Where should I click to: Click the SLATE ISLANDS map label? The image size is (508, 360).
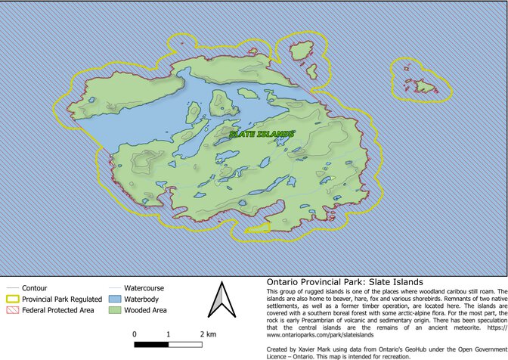tap(262, 134)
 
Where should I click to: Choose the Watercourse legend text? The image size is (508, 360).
tap(144, 288)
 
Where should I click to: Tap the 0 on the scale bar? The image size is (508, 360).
tap(135, 333)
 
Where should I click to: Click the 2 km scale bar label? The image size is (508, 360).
tap(208, 333)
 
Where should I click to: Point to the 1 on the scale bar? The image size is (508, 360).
tap(168, 333)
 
